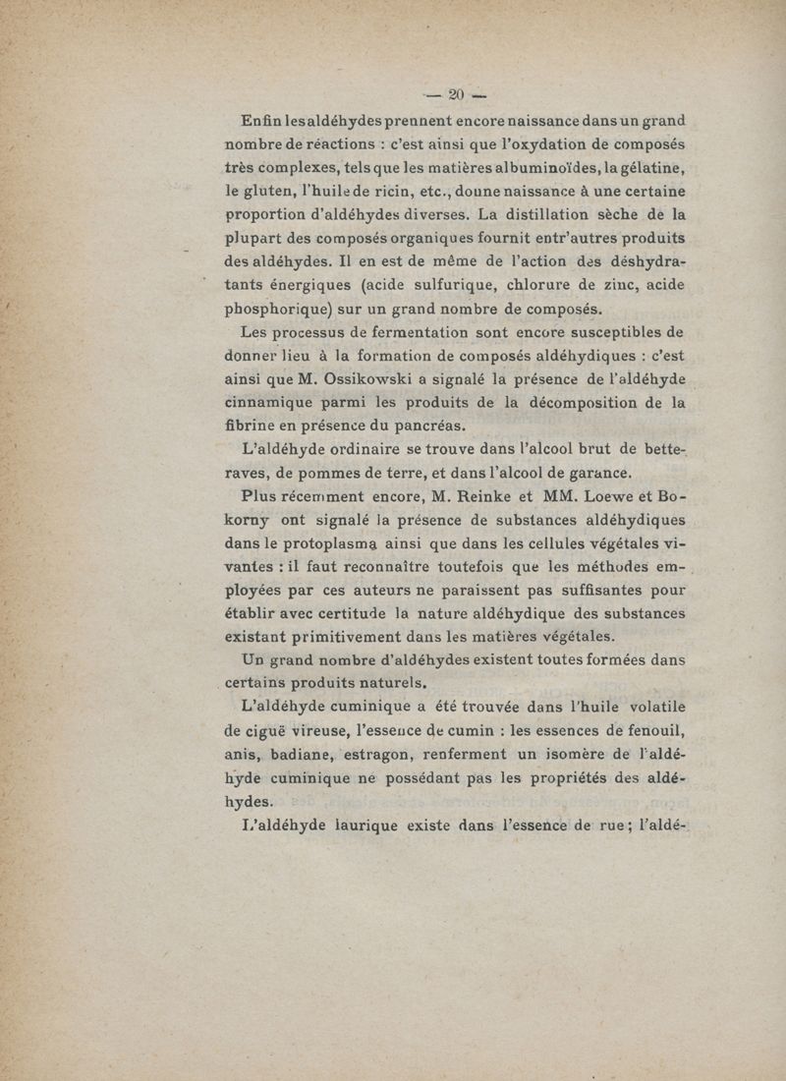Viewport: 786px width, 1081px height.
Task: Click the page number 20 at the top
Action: coord(456,95)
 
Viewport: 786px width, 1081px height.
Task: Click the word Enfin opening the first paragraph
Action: coord(261,121)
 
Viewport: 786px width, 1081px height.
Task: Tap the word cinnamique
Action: coord(268,403)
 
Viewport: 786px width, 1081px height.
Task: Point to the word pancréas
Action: coord(424,427)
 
